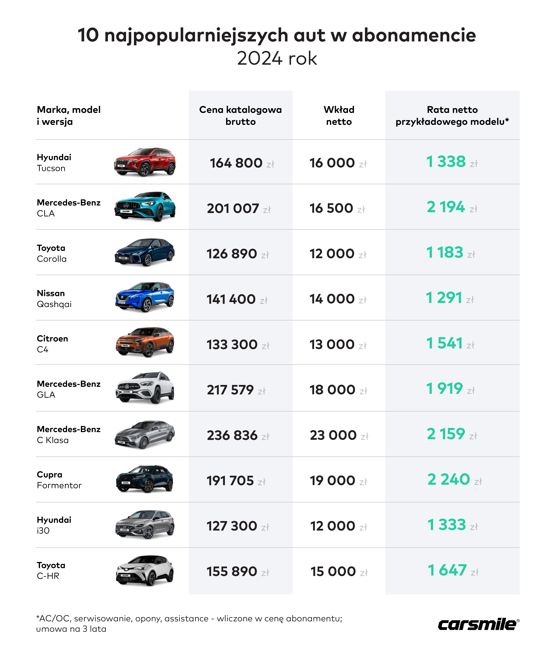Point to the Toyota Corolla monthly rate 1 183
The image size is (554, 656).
(445, 252)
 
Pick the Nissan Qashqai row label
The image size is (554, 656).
(54, 298)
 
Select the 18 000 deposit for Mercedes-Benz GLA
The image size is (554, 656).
(332, 390)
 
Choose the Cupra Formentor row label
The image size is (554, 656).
(59, 480)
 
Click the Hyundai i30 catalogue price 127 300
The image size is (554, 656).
(232, 526)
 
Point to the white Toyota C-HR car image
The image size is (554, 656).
(145, 570)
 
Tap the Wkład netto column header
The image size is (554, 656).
(339, 115)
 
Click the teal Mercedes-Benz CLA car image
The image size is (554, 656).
(145, 207)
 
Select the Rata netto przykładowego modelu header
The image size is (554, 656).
(452, 115)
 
